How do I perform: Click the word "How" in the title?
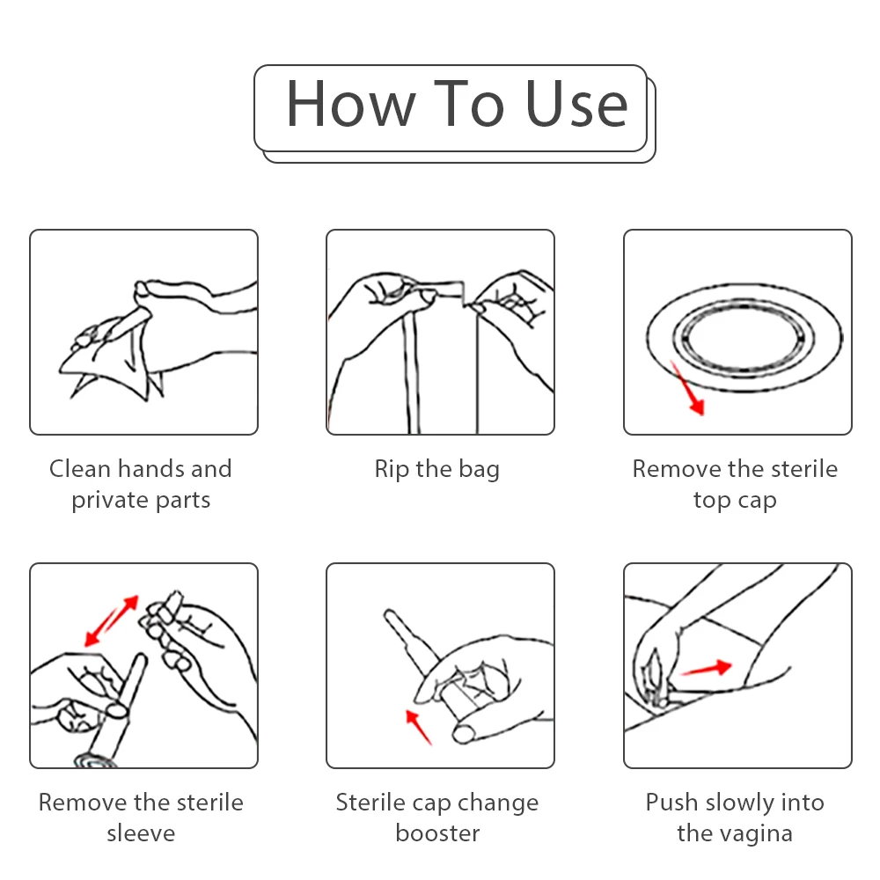coord(350,105)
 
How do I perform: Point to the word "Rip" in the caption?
coord(392,468)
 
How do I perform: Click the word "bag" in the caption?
coord(478,470)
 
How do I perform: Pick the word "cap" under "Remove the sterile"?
coord(758,501)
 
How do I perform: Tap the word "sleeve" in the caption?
coord(141,833)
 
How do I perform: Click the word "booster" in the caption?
coord(437,833)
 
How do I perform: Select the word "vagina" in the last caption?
coord(759,833)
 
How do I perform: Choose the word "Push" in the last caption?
coord(672,802)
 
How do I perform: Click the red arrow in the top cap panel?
coord(687,388)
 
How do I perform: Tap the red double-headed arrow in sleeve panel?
coord(111,621)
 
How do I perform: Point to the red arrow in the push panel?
coord(706,668)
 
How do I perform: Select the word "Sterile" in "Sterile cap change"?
coord(370,802)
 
